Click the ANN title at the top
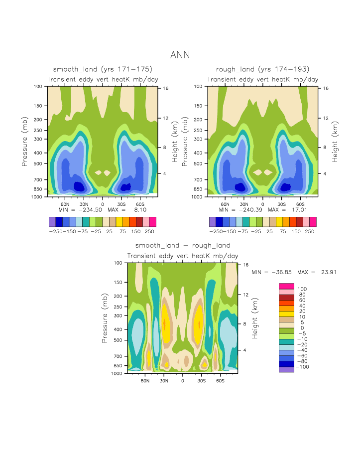pos(180,55)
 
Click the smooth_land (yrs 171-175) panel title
pos(103,69)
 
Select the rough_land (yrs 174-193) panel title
pos(262,69)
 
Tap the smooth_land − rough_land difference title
pos(183,246)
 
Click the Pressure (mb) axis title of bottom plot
pos(105,318)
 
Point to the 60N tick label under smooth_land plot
pos(65,204)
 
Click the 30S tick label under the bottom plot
pos(201,381)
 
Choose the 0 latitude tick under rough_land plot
pos(262,204)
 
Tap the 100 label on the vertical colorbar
pos(302,289)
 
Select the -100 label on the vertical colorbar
pos(303,366)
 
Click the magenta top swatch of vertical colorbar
pos(287,286)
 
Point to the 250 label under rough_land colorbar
pos(310,232)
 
